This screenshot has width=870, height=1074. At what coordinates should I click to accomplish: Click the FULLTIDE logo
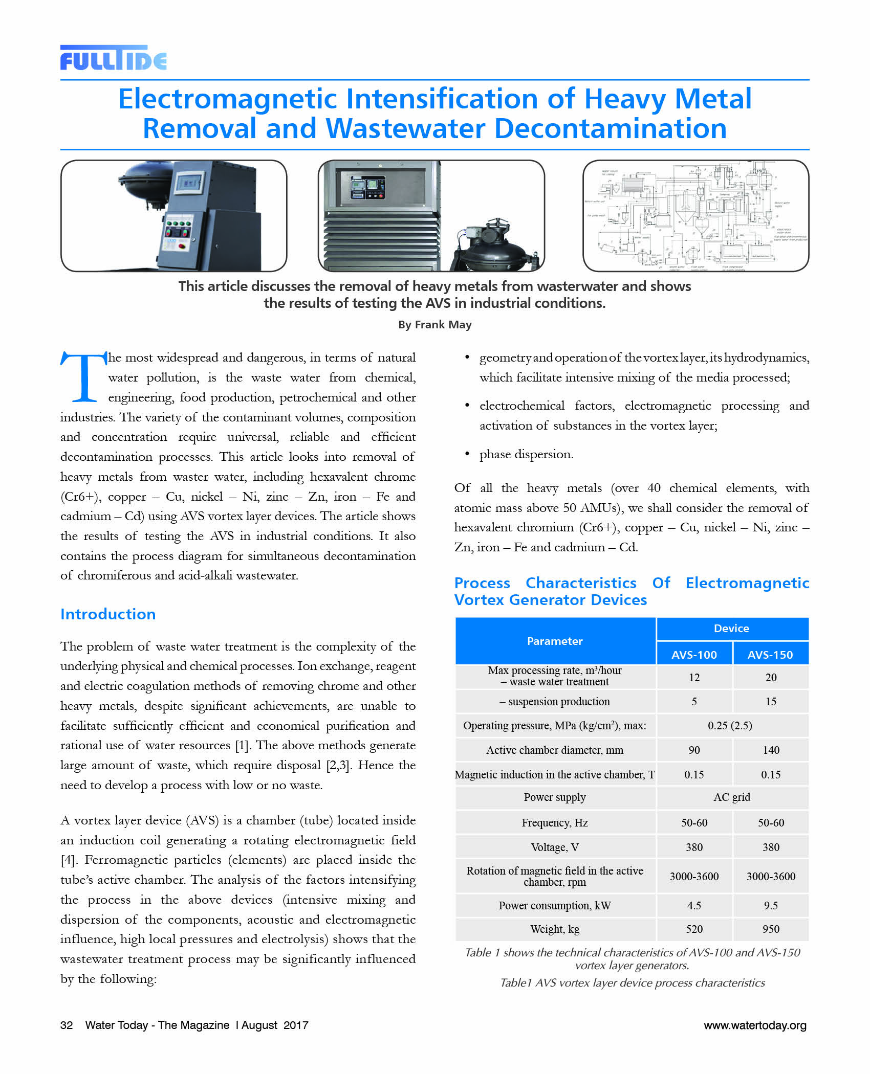(x=113, y=58)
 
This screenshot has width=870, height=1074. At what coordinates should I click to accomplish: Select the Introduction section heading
(x=108, y=614)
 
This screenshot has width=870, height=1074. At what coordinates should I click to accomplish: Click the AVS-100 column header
(x=694, y=655)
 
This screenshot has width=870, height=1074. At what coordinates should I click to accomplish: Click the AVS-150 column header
(x=770, y=655)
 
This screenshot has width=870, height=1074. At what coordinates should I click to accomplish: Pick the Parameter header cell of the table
(x=555, y=641)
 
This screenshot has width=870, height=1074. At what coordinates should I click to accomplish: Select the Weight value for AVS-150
(x=771, y=929)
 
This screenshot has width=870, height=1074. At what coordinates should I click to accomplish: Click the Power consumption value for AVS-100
(x=694, y=905)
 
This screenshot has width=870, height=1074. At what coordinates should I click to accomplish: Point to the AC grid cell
(x=732, y=797)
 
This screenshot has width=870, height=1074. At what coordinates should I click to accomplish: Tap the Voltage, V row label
(x=555, y=847)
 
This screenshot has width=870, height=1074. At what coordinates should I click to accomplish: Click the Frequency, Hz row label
(x=555, y=822)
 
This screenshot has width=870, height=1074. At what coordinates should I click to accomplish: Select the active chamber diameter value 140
(x=771, y=750)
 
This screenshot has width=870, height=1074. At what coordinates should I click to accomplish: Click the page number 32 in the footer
(x=67, y=1025)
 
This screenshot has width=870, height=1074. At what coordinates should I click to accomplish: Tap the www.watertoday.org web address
(x=755, y=1025)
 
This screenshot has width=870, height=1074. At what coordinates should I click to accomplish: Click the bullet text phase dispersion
(x=526, y=454)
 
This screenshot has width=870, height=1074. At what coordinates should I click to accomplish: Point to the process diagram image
(x=695, y=215)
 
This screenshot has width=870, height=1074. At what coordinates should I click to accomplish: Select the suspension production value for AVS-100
(x=694, y=701)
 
